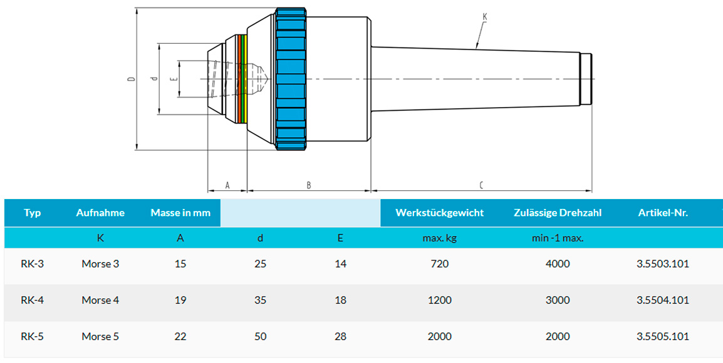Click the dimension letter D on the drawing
click(132, 79)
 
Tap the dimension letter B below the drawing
click(309, 185)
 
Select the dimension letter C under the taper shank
click(481, 185)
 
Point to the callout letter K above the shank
click(485, 17)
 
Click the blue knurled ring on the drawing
click(291, 79)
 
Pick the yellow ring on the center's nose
click(246, 79)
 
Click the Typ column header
click(33, 213)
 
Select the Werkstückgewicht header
click(439, 213)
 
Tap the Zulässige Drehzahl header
click(558, 213)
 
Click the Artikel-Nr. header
click(663, 213)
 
